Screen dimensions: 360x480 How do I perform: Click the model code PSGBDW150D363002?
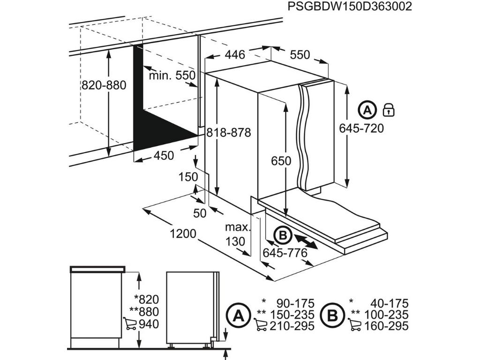click(x=350, y=7)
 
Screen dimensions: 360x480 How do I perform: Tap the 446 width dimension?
click(x=234, y=55)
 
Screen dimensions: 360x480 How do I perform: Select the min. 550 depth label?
click(x=172, y=75)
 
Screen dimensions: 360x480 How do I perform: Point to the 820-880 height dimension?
click(x=104, y=85)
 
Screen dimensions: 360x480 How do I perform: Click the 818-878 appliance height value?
click(x=229, y=133)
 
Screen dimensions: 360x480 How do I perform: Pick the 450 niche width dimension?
click(x=164, y=155)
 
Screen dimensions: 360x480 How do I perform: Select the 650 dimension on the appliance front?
click(x=281, y=161)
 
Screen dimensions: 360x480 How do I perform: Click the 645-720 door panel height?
click(x=362, y=128)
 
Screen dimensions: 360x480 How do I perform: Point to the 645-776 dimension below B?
click(x=285, y=253)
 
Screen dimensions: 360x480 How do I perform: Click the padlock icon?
click(x=389, y=110)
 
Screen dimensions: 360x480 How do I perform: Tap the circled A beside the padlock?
click(x=367, y=110)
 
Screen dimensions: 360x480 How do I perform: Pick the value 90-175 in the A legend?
click(x=295, y=303)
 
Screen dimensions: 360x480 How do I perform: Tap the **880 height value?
click(x=146, y=312)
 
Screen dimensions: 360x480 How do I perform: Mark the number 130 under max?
click(x=235, y=241)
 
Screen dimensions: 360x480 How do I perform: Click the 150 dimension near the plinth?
click(x=188, y=177)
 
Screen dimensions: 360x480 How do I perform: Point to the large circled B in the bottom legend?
click(x=332, y=315)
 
